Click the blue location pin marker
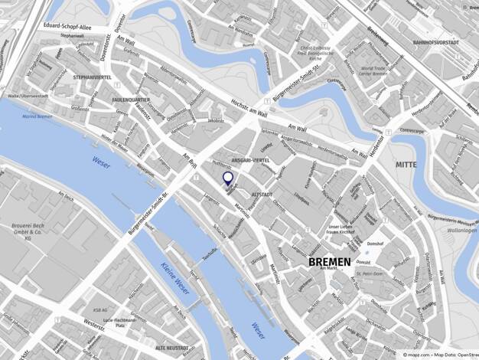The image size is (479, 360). tap(227, 178)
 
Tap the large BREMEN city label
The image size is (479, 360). tap(329, 262)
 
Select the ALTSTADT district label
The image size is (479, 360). tap(262, 195)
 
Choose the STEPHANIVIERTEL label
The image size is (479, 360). tap(92, 77)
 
